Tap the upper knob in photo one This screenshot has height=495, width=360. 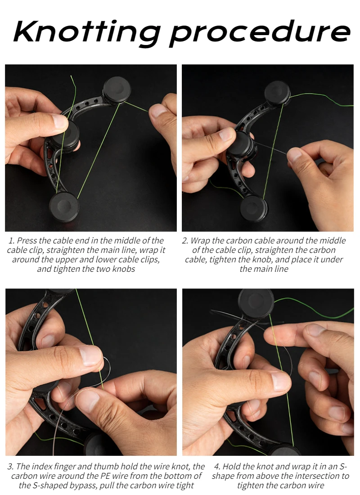tap(117, 89)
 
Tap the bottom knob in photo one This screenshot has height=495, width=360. tap(64, 207)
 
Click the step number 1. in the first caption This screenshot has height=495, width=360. tap(12, 241)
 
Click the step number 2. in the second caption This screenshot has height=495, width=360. tap(185, 241)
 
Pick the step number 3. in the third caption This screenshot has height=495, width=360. tap(11, 466)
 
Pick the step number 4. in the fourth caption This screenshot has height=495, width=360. tap(217, 466)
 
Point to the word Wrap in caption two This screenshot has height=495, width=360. tap(200, 241)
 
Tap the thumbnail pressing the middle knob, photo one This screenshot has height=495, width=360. tap(60, 121)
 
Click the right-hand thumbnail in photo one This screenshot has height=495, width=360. tap(158, 111)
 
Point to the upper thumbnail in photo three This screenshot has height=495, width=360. tap(90, 355)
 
